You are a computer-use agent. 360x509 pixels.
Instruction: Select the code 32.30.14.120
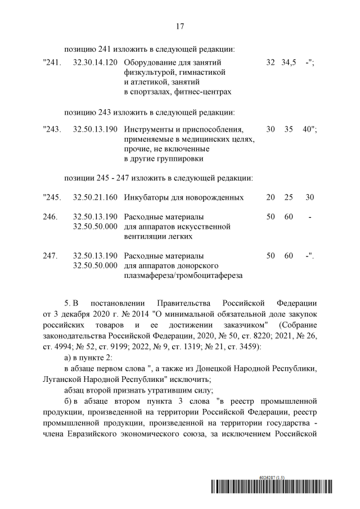click(95, 62)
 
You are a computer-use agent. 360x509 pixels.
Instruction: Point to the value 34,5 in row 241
click(289, 62)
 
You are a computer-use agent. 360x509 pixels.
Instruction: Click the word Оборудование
click(148, 62)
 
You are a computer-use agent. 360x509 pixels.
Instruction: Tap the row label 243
click(52, 130)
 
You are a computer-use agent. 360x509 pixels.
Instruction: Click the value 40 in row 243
click(307, 130)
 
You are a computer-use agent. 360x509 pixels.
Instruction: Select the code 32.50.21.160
click(95, 197)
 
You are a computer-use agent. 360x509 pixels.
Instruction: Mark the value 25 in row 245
click(289, 197)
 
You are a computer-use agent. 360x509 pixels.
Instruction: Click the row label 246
click(50, 217)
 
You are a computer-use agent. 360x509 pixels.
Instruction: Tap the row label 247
click(50, 256)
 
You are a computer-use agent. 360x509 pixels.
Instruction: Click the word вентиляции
click(143, 237)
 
